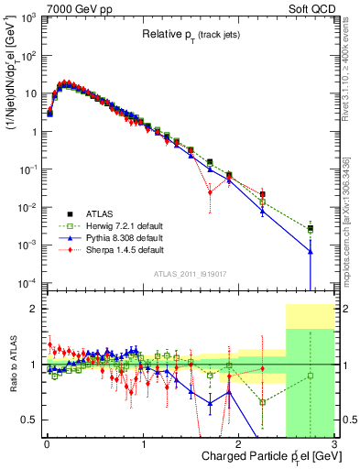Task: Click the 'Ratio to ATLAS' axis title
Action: click(12, 365)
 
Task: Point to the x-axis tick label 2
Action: click(236, 443)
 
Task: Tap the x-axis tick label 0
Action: click(46, 443)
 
